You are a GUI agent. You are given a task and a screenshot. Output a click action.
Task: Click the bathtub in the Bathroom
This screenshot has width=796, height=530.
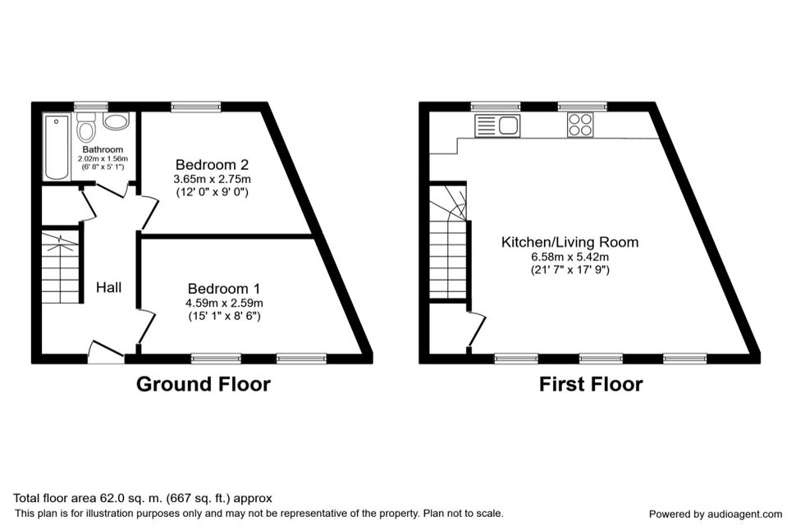(x=57, y=148)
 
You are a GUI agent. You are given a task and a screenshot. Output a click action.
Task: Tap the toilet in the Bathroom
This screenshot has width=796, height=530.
(x=86, y=130)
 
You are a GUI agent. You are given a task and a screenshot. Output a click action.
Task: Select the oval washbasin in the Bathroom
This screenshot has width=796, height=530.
(x=116, y=122)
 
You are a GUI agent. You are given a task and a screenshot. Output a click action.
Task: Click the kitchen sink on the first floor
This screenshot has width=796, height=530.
(x=498, y=126)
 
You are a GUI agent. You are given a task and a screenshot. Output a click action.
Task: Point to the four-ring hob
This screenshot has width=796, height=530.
(x=581, y=126)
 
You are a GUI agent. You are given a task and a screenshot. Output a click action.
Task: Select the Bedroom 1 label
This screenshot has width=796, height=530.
(x=223, y=288)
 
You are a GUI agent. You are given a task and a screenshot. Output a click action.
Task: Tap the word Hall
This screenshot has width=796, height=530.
(x=109, y=287)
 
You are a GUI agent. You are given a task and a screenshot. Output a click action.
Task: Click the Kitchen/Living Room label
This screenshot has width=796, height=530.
(x=570, y=242)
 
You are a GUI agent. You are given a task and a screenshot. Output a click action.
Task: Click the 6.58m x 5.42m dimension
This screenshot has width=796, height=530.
(x=570, y=256)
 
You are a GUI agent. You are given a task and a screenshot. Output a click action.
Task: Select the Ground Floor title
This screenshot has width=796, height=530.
(x=203, y=384)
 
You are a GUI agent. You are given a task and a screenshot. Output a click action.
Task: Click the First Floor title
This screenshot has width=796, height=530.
(x=590, y=384)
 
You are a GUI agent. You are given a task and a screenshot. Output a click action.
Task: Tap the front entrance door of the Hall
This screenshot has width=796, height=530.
(x=107, y=353)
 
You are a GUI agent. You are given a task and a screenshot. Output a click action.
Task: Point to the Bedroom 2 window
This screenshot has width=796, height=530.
(x=195, y=106)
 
